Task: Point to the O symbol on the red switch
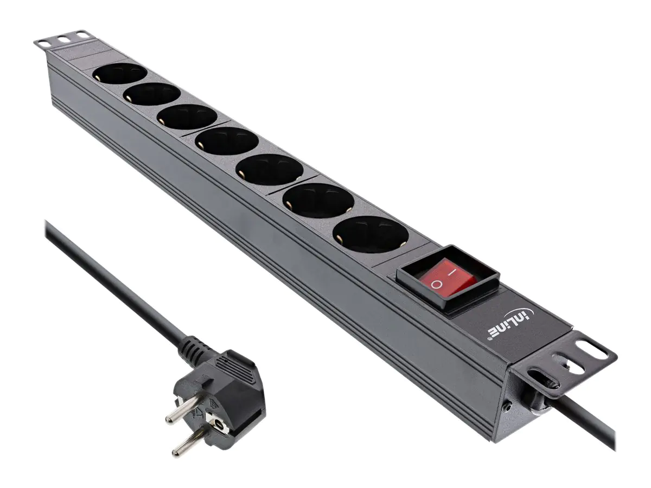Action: [x=437, y=284]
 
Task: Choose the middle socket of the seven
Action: [x=227, y=140]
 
